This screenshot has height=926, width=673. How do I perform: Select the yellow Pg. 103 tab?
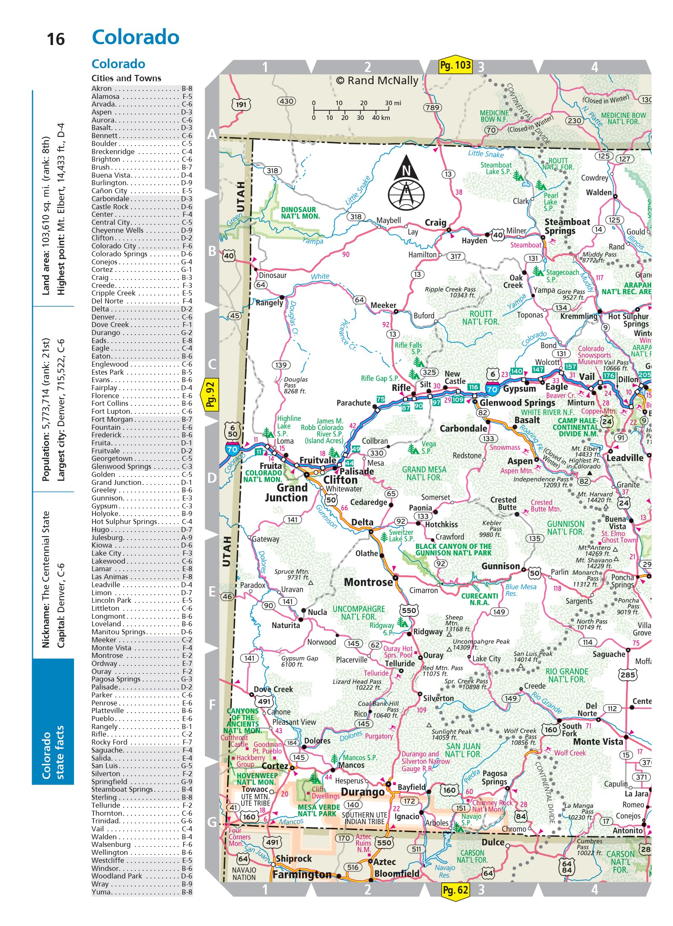tap(455, 66)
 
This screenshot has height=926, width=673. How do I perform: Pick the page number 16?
tap(56, 40)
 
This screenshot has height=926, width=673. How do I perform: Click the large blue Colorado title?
tap(135, 37)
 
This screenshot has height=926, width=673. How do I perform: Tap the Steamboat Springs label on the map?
tap(567, 226)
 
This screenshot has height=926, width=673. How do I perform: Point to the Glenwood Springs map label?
tap(517, 403)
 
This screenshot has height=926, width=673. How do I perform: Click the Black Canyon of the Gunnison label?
tap(453, 549)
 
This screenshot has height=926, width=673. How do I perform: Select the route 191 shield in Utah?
tap(241, 104)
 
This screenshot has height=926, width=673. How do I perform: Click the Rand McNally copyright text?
tap(377, 80)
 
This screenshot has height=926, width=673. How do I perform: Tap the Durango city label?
tap(363, 792)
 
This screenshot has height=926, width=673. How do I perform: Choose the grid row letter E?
tap(212, 592)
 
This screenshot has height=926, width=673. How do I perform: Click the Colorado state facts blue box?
tap(53, 722)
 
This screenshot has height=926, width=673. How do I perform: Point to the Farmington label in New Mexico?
tap(302, 875)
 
